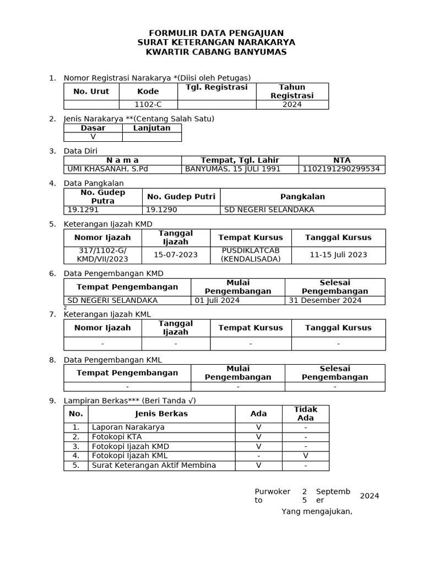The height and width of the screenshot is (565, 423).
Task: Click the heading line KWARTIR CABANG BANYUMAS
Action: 216,52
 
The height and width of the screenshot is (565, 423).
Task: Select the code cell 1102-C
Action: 148,104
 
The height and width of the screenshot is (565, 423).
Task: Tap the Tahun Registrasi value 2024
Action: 292,104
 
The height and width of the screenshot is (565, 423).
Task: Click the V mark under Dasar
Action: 93,136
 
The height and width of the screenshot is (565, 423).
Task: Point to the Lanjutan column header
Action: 152,128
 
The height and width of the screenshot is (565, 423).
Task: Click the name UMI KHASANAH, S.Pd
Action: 107,169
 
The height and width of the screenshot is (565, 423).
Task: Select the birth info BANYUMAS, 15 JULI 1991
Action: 232,169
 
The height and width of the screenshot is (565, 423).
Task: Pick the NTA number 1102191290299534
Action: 341,169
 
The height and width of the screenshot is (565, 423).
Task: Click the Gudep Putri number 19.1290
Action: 160,210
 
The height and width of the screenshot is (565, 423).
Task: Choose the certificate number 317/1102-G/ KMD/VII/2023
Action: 103,254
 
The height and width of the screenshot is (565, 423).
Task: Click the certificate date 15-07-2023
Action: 176,254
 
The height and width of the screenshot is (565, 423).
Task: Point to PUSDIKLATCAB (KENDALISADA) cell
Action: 251,254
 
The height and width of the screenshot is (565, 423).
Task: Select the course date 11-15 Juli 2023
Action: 338,254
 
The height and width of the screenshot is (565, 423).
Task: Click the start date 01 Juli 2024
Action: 216,300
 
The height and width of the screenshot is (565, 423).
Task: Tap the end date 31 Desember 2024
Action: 325,300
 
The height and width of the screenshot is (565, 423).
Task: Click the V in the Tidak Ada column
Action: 305,456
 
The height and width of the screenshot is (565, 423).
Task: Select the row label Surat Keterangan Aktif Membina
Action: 154,465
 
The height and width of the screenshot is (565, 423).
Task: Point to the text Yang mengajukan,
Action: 317,511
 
